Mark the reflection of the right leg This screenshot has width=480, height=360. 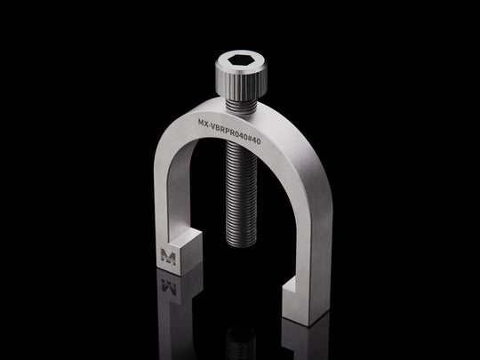307,342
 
